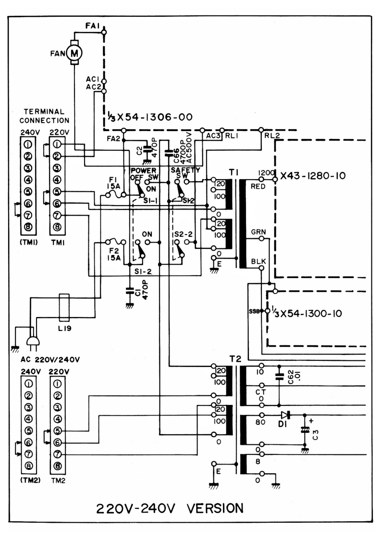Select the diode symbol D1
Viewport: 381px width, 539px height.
(x=286, y=414)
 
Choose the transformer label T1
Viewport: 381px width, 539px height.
(x=235, y=171)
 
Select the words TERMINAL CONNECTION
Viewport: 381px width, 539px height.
(x=46, y=116)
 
